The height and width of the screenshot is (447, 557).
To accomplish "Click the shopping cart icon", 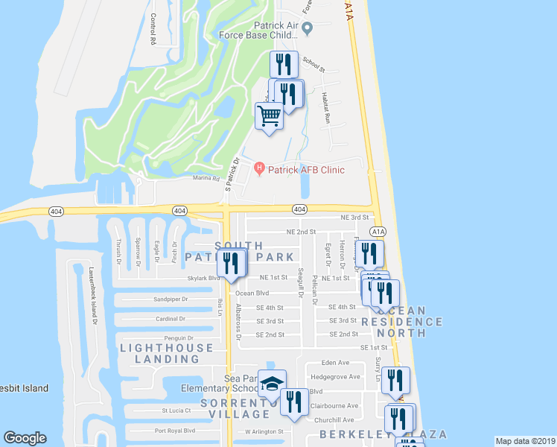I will click(x=269, y=115).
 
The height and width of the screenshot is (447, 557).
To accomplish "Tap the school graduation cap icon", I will click(x=272, y=384).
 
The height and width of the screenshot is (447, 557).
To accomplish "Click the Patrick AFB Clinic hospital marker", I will click(x=259, y=169).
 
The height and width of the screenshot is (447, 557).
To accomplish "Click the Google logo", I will click(x=25, y=438).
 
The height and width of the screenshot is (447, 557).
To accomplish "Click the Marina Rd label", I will click(x=206, y=179).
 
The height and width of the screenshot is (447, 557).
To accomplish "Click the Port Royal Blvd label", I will click(x=174, y=431).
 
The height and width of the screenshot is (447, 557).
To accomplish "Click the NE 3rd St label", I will click(x=355, y=218).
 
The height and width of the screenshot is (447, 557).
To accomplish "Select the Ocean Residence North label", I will click(x=402, y=322).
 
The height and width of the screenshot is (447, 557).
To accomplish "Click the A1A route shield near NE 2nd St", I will click(x=378, y=232).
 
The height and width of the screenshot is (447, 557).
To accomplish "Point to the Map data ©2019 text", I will click(x=526, y=441).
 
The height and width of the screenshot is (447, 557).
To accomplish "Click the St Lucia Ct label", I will click(x=176, y=410).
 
